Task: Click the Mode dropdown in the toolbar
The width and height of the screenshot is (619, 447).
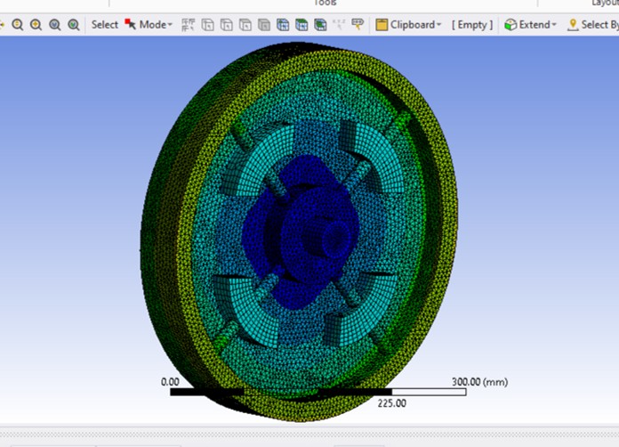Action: coord(155,25)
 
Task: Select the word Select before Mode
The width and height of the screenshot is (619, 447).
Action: coord(104,25)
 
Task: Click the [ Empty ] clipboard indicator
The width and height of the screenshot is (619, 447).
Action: coord(470,25)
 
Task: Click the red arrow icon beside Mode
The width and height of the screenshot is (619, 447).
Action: coord(131,25)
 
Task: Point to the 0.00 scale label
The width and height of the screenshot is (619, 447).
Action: coord(170,381)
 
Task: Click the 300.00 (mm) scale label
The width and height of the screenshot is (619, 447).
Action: coord(479,381)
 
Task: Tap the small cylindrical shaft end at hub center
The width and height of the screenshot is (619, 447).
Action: coord(334,237)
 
